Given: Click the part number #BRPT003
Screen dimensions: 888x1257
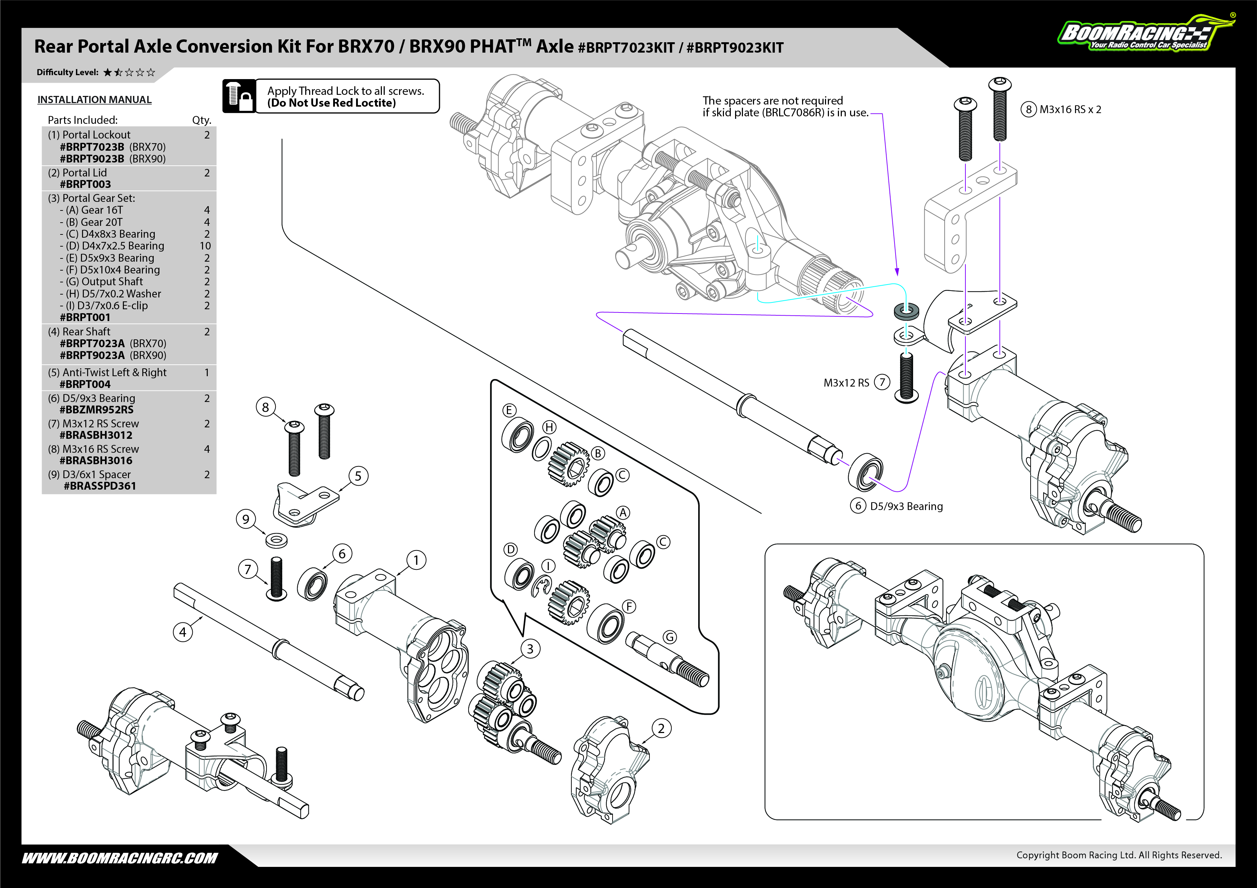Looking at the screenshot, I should (85, 184).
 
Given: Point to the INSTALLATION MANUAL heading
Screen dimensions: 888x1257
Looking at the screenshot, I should (94, 100).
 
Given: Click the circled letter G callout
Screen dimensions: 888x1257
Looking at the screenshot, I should (670, 637).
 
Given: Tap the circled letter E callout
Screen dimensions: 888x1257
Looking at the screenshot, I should (509, 410).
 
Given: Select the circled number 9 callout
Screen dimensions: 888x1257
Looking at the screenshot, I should (246, 519).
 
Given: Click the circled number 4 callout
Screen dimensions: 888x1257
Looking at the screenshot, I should (183, 632).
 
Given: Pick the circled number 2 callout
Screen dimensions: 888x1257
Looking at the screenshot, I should (661, 728).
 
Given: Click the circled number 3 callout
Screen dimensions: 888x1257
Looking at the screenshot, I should (530, 649).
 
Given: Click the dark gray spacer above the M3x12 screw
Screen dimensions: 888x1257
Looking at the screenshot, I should (906, 311).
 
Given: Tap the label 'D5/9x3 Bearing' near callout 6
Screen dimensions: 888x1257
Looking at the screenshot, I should (907, 506).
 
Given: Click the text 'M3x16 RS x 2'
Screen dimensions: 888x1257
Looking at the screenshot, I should (1070, 110).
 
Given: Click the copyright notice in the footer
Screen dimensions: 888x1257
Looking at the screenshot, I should (1119, 855).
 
